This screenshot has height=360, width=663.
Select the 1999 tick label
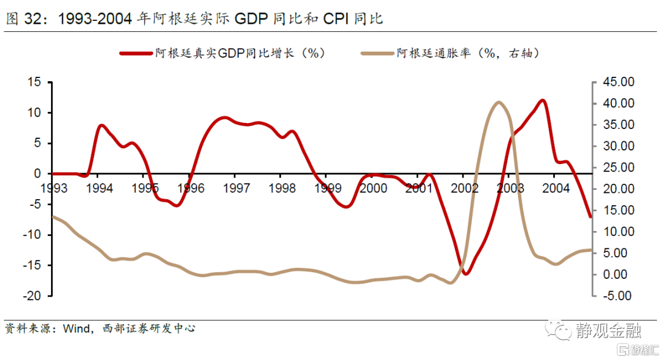pyautogui.click(x=327, y=188)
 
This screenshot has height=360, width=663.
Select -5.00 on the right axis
pyautogui.click(x=616, y=295)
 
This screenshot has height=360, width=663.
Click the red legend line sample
pyautogui.click(x=135, y=53)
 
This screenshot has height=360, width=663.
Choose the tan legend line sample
pyautogui.click(x=376, y=53)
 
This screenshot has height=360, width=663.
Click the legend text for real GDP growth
pyautogui.click(x=239, y=53)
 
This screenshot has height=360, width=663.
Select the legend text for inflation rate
pyautogui.click(x=467, y=53)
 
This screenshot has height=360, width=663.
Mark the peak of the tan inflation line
pyautogui.click(x=498, y=103)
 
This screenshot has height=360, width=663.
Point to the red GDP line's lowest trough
pyautogui.click(x=465, y=273)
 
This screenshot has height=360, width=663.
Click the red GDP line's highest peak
pyautogui.click(x=542, y=100)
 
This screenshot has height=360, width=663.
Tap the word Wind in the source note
pyautogui.click(x=76, y=329)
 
